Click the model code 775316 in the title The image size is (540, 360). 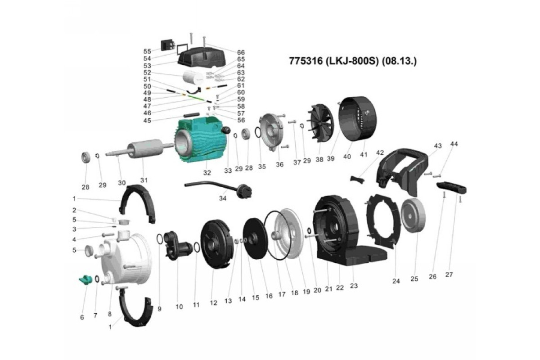point(306,61)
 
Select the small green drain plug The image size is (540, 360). point(85,280)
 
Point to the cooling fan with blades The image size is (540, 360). point(320,124)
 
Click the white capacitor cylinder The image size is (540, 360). point(193,77)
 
